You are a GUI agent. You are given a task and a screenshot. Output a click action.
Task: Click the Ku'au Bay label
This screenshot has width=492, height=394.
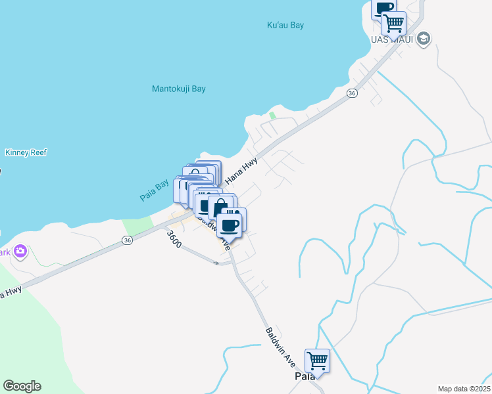click(285, 25)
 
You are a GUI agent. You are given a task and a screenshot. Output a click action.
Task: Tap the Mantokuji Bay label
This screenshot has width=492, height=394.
click(179, 89)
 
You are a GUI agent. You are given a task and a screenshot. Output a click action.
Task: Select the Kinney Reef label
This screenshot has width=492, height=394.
click(26, 152)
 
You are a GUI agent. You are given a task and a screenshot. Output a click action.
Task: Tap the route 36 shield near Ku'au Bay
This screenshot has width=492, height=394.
click(352, 94)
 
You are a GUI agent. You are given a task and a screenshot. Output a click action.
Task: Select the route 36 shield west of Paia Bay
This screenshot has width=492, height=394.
click(128, 242)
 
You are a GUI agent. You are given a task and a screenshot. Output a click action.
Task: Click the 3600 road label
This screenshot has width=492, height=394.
click(173, 239)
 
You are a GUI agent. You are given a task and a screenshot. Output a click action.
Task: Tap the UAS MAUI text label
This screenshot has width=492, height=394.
click(392, 39)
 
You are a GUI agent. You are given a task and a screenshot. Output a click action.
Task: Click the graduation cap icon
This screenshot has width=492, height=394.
click(424, 38)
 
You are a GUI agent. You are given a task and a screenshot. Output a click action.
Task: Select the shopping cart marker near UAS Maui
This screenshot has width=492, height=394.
click(393, 23)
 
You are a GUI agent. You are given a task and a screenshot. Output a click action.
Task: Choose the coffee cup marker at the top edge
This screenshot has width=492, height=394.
click(383, 8)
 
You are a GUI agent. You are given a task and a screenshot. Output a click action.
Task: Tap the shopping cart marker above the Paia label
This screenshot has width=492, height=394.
click(317, 360)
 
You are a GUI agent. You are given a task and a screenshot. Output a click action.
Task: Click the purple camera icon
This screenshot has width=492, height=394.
click(21, 252)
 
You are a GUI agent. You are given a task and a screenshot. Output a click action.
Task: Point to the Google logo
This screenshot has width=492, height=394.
click(22, 386)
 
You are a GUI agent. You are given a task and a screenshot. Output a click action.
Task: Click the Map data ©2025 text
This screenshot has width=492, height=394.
click(463, 389)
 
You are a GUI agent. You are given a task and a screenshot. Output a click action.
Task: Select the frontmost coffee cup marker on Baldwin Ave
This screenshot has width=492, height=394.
click(230, 225)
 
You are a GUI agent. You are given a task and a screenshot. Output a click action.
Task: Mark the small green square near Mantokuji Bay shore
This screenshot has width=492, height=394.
click(272, 116)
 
